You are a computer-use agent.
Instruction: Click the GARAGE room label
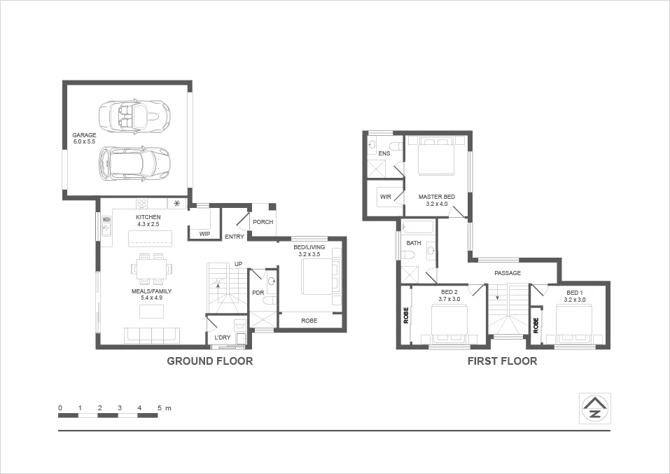coord(84,135)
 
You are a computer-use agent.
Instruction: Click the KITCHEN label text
coord(148,217)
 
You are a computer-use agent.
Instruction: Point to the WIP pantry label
coord(204,234)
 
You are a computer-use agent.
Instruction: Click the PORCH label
coord(263,222)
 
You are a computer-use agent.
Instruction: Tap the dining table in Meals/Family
coord(152,267)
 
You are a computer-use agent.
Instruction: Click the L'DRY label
coord(222,337)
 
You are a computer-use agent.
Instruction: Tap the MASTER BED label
coord(436,197)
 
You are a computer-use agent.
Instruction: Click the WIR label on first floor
coord(385,197)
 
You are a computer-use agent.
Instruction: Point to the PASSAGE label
coord(508,273)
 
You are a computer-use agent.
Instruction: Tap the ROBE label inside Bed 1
coord(536,325)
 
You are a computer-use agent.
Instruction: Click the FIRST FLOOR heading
coord(502,361)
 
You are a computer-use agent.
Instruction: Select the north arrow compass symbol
coord(595,407)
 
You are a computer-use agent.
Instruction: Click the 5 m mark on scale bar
coord(159,407)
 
